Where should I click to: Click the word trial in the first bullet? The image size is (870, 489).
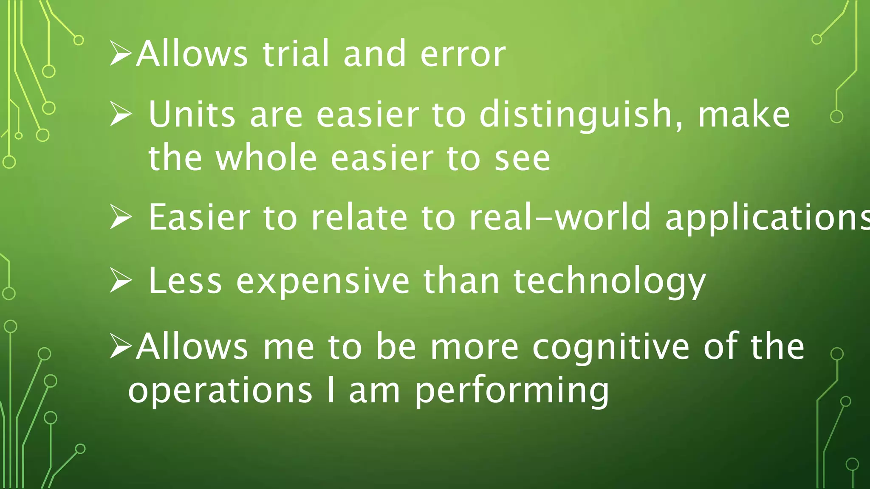click(296, 54)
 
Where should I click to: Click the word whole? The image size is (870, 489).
click(267, 158)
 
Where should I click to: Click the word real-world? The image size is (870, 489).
click(560, 217)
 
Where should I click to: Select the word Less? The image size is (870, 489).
click(185, 281)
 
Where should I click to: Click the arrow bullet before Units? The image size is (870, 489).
click(121, 114)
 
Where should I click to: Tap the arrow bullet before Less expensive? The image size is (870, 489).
click(121, 281)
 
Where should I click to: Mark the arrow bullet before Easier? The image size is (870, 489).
click(121, 217)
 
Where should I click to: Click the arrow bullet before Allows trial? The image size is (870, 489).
click(121, 53)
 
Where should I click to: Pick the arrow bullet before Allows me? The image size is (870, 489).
click(121, 346)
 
